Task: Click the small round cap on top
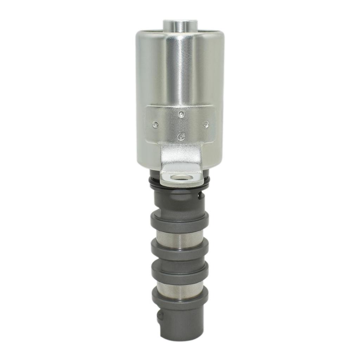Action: pyautogui.click(x=180, y=25)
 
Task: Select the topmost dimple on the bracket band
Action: pyautogui.click(x=181, y=114)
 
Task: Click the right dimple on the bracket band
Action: pyautogui.click(x=206, y=124)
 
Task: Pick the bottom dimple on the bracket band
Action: pyautogui.click(x=181, y=136)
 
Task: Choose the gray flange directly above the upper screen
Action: pyautogui.click(x=180, y=221)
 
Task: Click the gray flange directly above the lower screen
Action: pyautogui.click(x=180, y=272)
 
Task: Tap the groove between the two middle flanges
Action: pyautogui.click(x=180, y=261)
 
